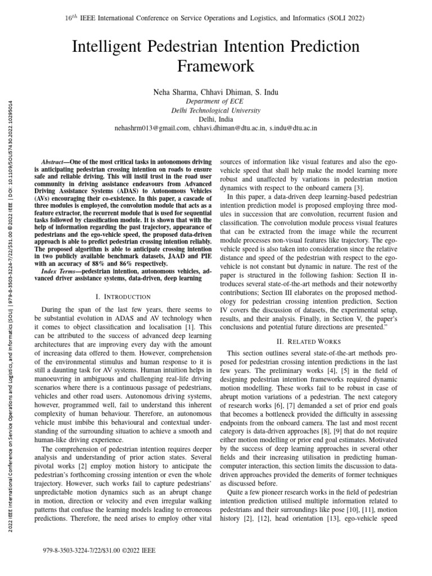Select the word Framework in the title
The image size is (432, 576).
pos(216,67)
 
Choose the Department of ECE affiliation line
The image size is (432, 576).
pos(216,101)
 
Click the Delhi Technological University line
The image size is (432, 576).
pos(216,110)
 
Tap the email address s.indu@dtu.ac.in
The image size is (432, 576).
pos(292,128)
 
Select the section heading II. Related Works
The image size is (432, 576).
pos(308,340)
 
